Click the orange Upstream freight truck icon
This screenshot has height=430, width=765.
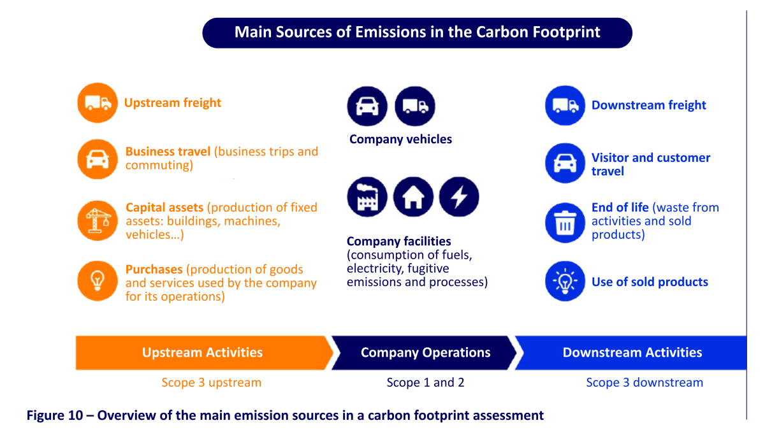click(x=98, y=103)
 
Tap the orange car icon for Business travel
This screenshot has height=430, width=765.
click(x=98, y=159)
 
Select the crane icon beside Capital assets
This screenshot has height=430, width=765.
click(x=98, y=220)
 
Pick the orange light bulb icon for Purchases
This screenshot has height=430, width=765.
click(x=98, y=281)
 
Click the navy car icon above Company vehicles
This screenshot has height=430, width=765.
click(x=367, y=106)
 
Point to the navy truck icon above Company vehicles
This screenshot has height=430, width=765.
click(x=415, y=106)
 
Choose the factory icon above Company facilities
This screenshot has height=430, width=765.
click(x=367, y=197)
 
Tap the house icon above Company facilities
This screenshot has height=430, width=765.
click(x=413, y=197)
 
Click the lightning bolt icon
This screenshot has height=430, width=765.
click(x=459, y=197)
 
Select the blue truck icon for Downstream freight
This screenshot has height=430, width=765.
click(x=565, y=106)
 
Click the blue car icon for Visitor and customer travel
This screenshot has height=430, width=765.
click(x=565, y=163)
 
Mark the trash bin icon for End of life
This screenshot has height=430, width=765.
click(x=565, y=223)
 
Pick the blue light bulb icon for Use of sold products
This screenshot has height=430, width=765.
click(x=565, y=281)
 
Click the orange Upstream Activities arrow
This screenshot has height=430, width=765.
click(x=203, y=352)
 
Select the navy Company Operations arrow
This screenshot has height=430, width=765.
click(x=424, y=352)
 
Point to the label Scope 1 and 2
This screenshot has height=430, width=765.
click(x=426, y=383)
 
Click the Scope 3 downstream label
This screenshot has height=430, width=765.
click(x=645, y=383)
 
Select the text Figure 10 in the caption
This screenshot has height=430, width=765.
click(x=55, y=415)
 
